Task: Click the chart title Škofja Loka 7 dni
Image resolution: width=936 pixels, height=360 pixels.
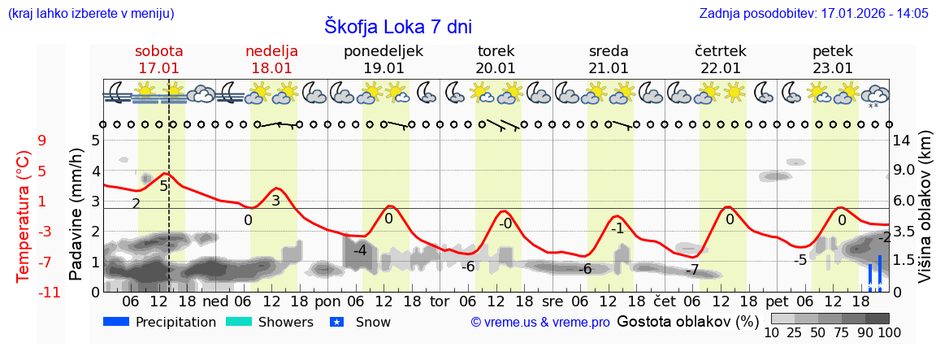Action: [397, 26]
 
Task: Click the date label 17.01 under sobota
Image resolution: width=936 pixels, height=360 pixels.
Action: [158, 68]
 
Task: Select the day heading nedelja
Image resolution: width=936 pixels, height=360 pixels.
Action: [271, 51]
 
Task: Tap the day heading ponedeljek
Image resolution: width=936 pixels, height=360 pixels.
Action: [383, 51]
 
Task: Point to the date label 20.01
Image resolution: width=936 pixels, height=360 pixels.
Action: [496, 68]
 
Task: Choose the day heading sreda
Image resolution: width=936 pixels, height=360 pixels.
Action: [609, 51]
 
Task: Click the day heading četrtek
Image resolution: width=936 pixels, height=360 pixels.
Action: [721, 51]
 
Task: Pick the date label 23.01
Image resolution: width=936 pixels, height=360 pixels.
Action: [833, 68]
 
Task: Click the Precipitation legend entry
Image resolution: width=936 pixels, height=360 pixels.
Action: [160, 322]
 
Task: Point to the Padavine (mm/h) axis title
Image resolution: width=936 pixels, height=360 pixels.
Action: [76, 215]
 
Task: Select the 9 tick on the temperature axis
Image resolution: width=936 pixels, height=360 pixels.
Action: [41, 141]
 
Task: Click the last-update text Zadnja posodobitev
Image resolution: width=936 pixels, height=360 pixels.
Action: [813, 13]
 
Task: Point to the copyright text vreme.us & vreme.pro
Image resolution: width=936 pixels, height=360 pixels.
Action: [539, 322]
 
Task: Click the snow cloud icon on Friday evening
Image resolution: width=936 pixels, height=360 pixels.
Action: [875, 94]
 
